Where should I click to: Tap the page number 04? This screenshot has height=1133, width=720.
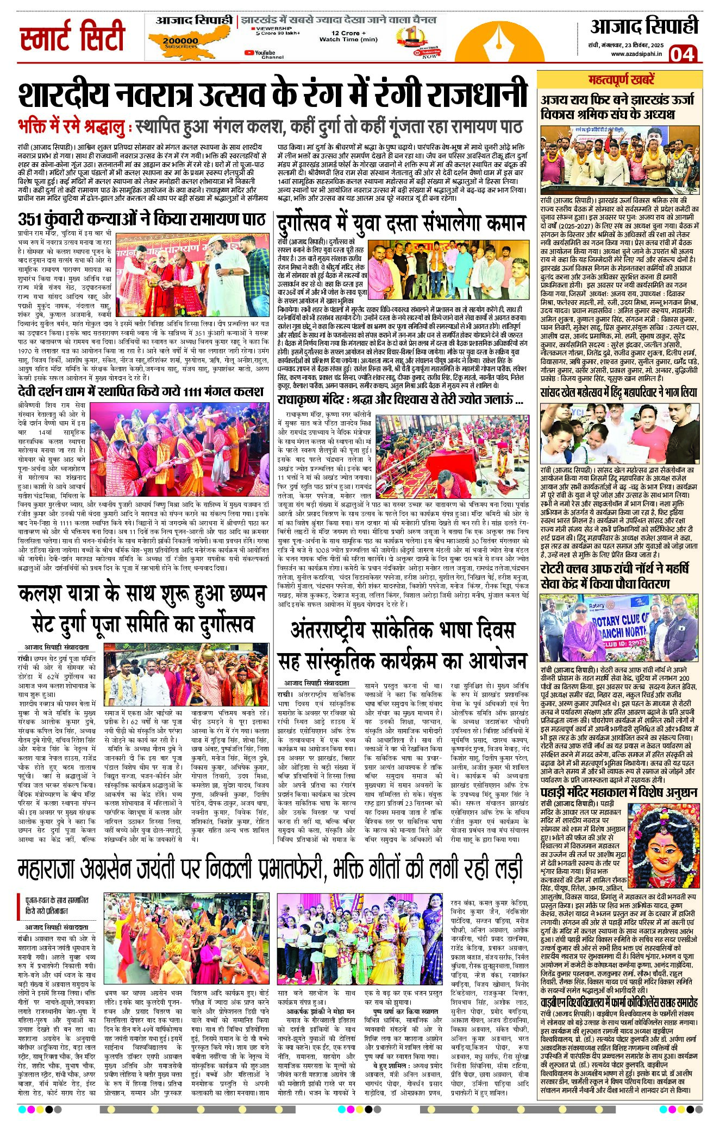click(681, 54)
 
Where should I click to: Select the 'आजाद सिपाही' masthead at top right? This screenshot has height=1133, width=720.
click(644, 27)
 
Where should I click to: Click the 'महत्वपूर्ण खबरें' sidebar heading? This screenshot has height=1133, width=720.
click(621, 79)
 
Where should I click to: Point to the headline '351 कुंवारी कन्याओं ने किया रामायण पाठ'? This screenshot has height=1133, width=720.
click(141, 220)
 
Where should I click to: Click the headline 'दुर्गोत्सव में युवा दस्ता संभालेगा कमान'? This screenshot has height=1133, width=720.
click(402, 223)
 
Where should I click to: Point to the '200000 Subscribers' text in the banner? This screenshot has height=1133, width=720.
click(180, 42)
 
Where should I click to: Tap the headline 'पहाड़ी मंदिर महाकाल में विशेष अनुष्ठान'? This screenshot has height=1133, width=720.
click(619, 793)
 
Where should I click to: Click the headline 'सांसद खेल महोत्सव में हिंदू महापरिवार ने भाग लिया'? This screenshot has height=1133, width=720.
click(618, 393)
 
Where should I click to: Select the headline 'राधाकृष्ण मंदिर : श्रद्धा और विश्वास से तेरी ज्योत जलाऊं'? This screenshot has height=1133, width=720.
click(400, 401)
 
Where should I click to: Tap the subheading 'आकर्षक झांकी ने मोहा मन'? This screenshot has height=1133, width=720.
click(320, 1011)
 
